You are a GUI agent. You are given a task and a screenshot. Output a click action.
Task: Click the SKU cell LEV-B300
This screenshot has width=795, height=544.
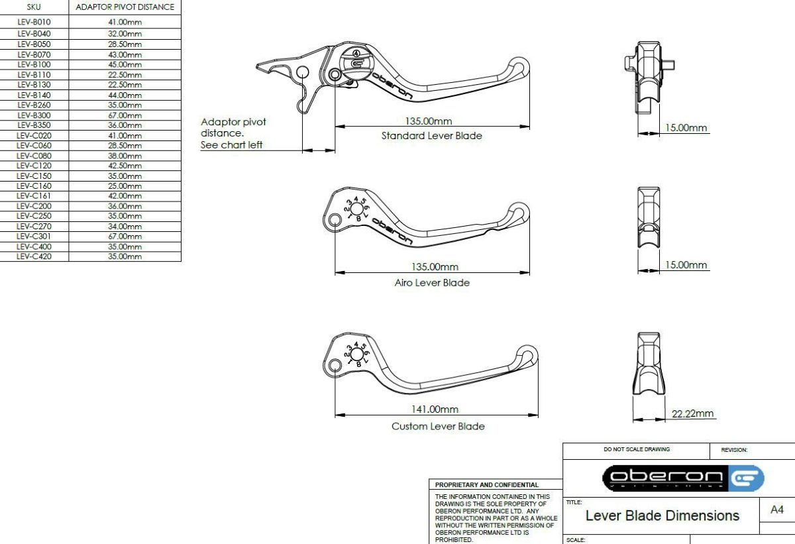click(34, 115)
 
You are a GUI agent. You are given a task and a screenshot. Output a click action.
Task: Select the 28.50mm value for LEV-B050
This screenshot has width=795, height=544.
click(125, 44)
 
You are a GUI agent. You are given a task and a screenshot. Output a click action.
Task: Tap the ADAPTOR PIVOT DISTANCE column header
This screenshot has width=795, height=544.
click(125, 7)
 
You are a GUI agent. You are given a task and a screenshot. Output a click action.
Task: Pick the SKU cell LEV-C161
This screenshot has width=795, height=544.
click(34, 196)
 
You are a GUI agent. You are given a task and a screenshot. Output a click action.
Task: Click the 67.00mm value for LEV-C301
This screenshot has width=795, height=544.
click(125, 237)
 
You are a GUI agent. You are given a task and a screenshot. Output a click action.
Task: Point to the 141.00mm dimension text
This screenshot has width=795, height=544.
click(435, 409)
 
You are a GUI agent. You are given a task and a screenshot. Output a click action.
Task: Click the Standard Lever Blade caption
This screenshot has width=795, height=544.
click(431, 136)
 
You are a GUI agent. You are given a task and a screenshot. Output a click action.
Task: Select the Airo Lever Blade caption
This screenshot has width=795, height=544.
click(432, 282)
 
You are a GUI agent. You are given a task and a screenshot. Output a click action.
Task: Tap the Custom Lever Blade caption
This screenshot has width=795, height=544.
click(438, 426)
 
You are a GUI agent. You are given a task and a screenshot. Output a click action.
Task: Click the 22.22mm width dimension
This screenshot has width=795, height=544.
click(692, 413)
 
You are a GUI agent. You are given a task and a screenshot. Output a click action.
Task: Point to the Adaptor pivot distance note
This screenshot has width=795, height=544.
click(233, 133)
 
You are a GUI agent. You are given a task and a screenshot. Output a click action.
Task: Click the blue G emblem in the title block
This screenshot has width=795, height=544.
click(746, 478)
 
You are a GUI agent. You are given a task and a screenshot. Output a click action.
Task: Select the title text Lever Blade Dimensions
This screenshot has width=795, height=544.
click(662, 516)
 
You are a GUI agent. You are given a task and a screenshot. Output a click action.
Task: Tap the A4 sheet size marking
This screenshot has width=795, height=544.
click(777, 510)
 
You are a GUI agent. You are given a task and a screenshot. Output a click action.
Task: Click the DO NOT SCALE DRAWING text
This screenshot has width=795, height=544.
click(637, 449)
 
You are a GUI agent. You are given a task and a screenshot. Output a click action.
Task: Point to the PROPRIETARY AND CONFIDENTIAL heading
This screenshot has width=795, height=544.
click(486, 485)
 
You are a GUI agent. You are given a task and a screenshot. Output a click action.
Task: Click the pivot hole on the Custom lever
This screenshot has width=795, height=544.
click(335, 365)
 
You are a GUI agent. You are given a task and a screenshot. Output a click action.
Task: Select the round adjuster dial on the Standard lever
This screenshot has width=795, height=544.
click(356, 63)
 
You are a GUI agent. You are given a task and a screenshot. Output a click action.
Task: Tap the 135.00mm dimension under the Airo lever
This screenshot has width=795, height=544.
click(435, 266)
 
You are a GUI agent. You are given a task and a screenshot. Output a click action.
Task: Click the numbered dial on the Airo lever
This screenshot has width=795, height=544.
click(356, 209)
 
